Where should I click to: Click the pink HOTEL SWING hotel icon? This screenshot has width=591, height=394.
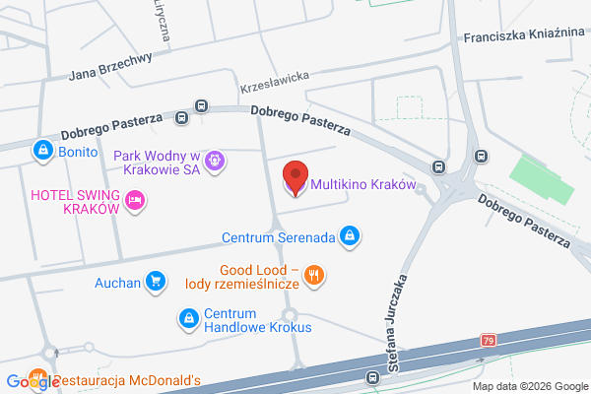point(136,201)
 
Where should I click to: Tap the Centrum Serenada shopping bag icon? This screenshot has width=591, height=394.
point(349,236)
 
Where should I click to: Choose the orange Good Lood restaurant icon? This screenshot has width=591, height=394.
point(314,276)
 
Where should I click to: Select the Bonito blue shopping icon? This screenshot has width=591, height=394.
point(41,151)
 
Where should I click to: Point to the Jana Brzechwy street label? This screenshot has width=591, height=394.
point(110,66)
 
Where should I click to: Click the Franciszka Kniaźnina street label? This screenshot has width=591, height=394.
point(523,33)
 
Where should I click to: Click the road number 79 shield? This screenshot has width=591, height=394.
point(489,341)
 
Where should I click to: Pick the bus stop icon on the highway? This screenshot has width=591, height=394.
point(372,377)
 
